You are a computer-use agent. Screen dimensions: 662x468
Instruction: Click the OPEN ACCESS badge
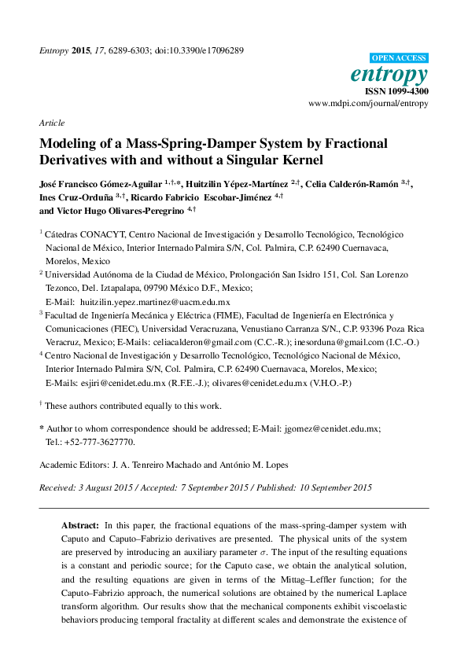click(399, 58)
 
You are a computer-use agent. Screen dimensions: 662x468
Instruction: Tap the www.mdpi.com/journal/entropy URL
click(368, 104)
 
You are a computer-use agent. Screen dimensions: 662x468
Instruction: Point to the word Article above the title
click(51, 123)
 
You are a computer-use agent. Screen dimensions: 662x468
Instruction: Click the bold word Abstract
click(80, 524)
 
